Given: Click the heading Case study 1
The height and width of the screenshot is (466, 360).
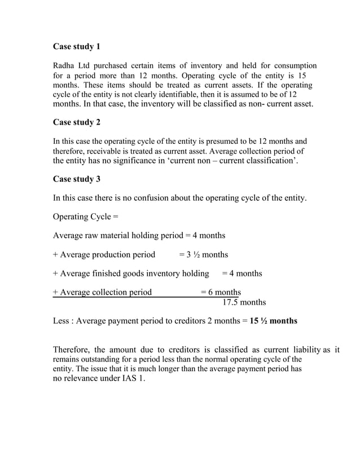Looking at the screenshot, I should click(x=76, y=46).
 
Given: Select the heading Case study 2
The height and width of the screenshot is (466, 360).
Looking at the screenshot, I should click(x=76, y=122).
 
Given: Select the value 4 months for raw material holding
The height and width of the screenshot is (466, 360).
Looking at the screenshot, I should click(x=206, y=235).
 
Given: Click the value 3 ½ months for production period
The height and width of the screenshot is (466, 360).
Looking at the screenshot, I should click(x=203, y=254).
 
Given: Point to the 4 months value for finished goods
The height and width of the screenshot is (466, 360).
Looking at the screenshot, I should click(x=242, y=274).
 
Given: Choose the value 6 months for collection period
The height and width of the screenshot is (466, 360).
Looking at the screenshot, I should click(x=221, y=292).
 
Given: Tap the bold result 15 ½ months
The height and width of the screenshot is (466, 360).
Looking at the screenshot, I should click(x=274, y=321).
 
